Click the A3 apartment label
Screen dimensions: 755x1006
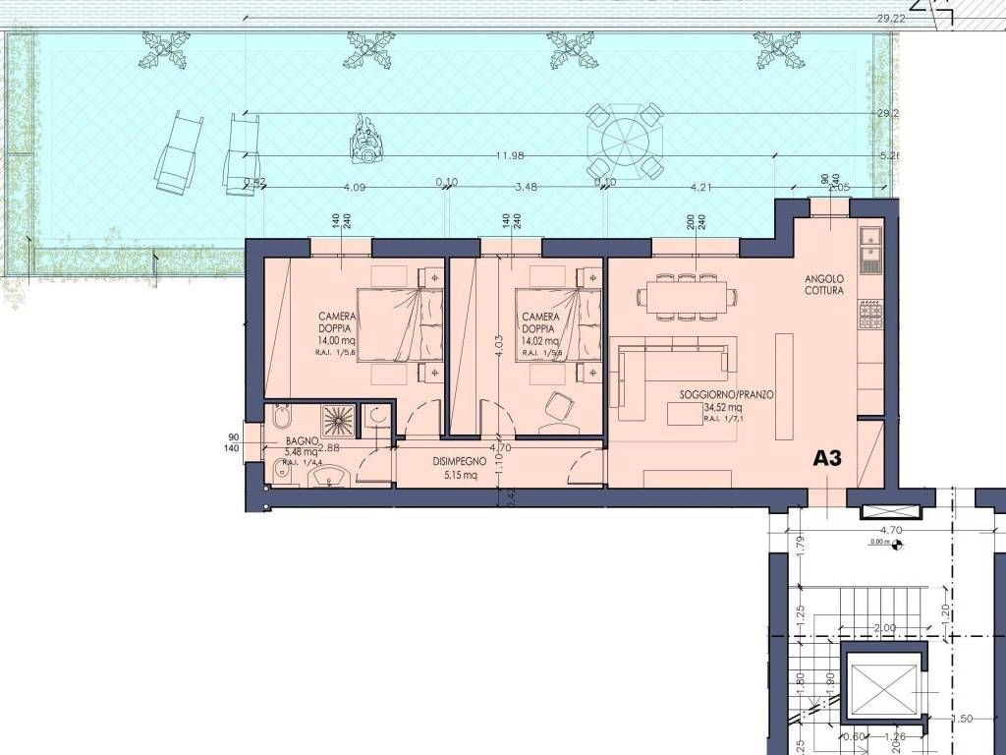click(x=829, y=458)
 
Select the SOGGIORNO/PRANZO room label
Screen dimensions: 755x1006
click(x=727, y=394)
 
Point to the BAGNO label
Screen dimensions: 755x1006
click(x=302, y=442)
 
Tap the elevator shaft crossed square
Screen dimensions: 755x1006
click(x=881, y=688)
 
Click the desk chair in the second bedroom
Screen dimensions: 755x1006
click(x=559, y=406)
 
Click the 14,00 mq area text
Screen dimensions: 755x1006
click(x=337, y=341)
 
